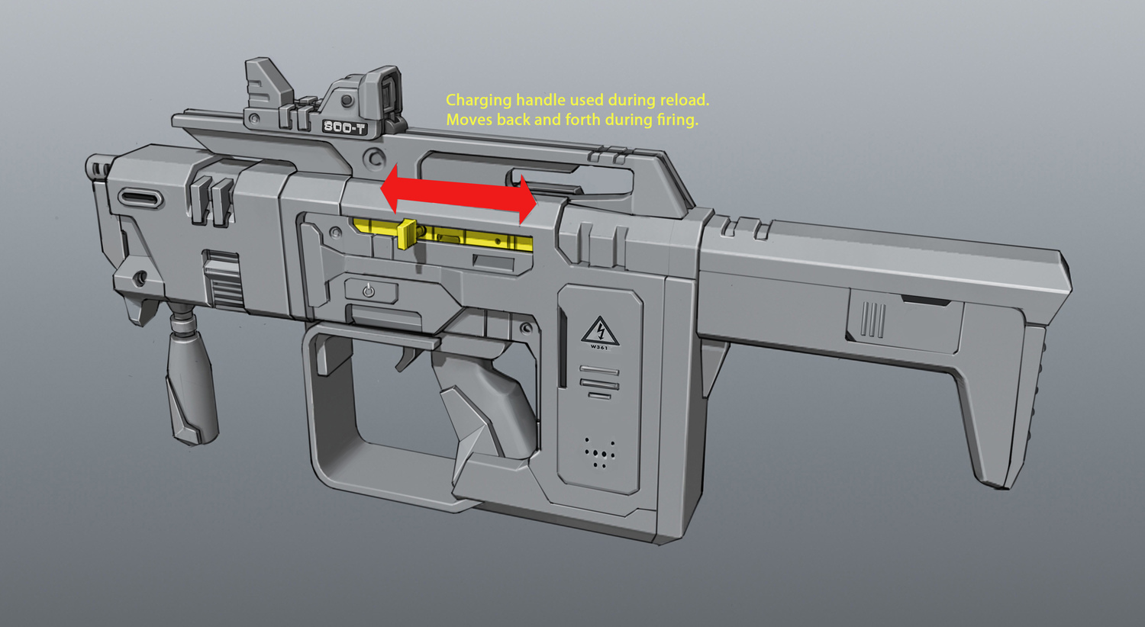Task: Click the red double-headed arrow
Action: click(x=459, y=195)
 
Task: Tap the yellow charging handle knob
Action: click(x=407, y=234)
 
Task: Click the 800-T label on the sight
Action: click(x=344, y=127)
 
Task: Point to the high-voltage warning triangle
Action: click(x=600, y=331)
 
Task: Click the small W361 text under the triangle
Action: click(x=599, y=348)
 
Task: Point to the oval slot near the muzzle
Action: click(x=140, y=198)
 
